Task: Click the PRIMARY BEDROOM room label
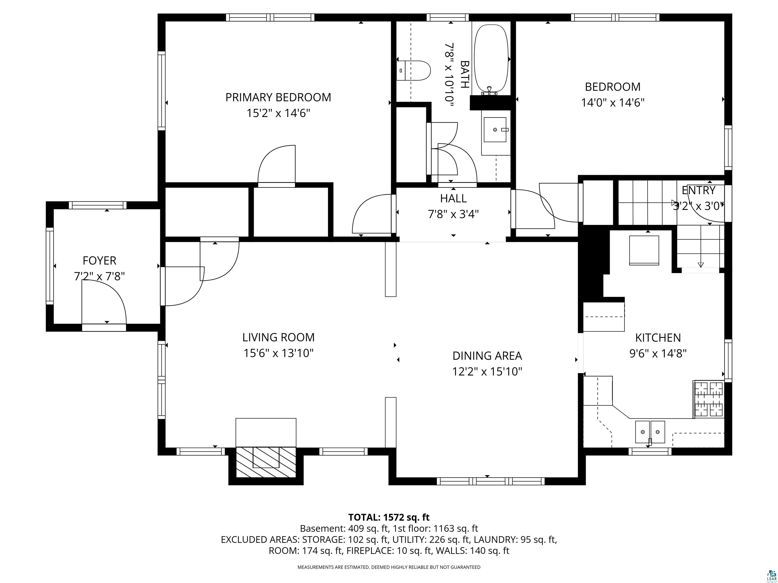tap(278, 97)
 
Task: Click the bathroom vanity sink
tap(495, 130)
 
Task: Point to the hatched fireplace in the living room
tap(266, 462)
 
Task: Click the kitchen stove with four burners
tap(708, 399)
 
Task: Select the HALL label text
tap(453, 199)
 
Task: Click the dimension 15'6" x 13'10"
tap(278, 353)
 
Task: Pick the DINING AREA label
tap(487, 356)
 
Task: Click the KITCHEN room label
tap(658, 338)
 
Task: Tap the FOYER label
tap(100, 261)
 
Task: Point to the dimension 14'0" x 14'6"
tap(613, 103)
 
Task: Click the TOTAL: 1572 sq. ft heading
tap(389, 517)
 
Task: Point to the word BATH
tap(465, 74)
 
